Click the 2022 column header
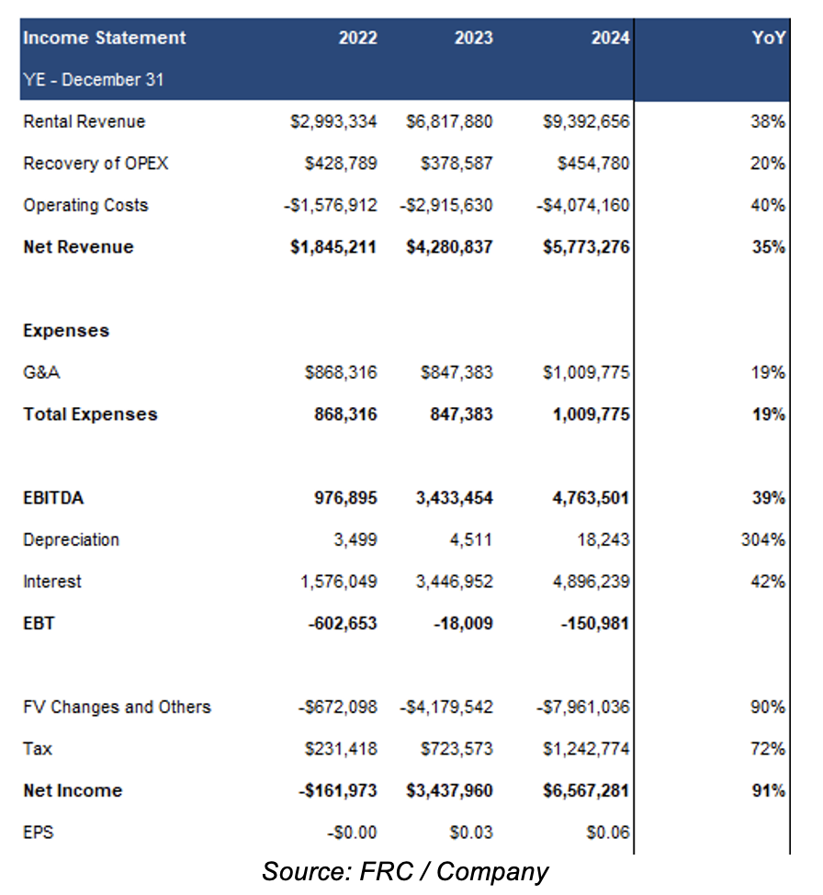coord(358,38)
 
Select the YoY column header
coord(769,38)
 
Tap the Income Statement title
coord(105,38)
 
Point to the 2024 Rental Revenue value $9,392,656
coord(586,121)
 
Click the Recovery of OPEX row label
coord(96,164)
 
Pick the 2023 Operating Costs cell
coord(445,205)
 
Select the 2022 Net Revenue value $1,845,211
coord(333,246)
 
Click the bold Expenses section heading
coord(66,331)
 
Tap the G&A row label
coord(41,372)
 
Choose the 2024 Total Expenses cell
coord(591,414)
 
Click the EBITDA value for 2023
coord(455,498)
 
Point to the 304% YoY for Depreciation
coord(763,539)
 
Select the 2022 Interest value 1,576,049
coord(339,581)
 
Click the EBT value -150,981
coord(594,623)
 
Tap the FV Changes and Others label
coord(117,707)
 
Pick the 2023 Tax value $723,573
coord(457,748)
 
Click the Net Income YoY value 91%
coord(769,790)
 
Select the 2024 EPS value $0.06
coord(608,833)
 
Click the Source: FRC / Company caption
coord(405,872)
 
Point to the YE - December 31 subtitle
coord(94,79)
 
